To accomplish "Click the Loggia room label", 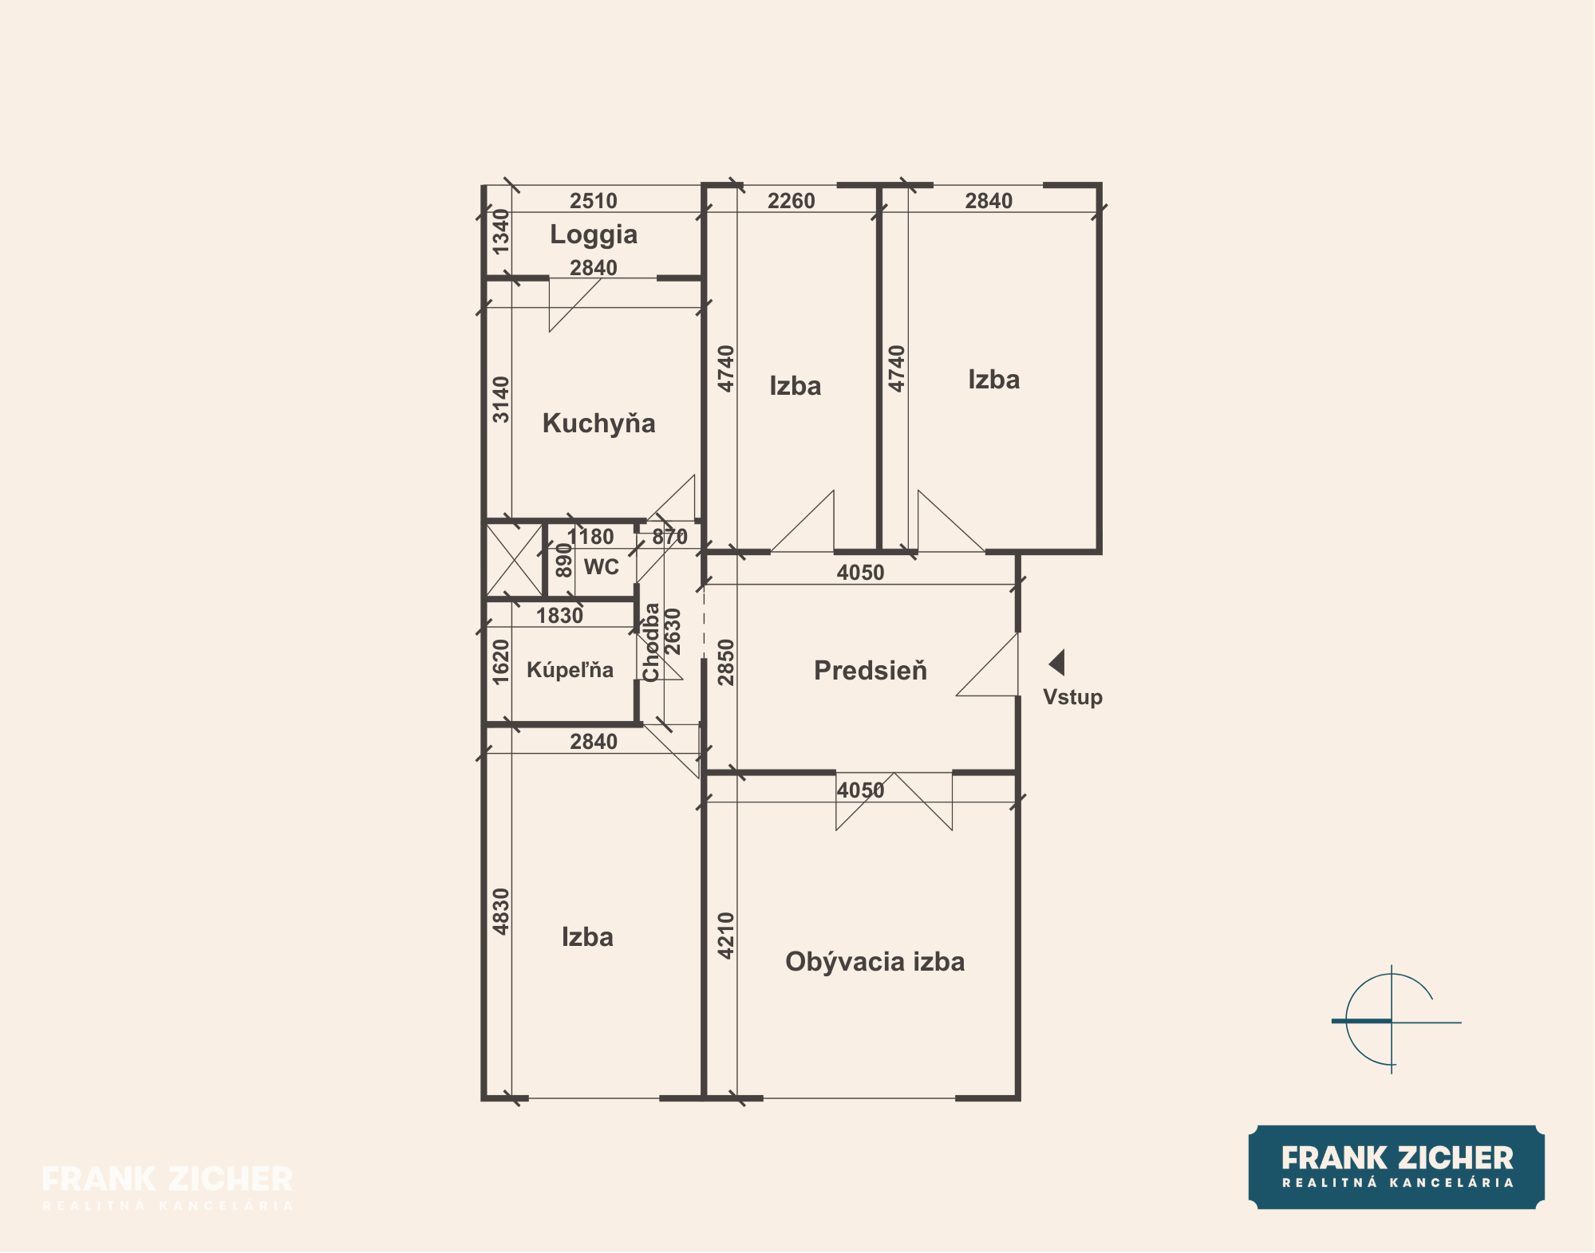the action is click(594, 235).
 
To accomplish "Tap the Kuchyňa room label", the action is click(598, 423).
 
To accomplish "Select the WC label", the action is click(602, 567).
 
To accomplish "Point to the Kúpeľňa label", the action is click(570, 669).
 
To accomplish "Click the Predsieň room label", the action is click(871, 670).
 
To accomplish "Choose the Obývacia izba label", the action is click(874, 962).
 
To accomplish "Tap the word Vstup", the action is click(1072, 697).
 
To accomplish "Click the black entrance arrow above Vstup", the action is click(1056, 663).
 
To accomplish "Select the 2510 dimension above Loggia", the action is click(594, 201).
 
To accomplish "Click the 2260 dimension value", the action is click(792, 201).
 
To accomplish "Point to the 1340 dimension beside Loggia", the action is click(500, 231).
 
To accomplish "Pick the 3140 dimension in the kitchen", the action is click(500, 400).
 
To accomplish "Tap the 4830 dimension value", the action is click(500, 912).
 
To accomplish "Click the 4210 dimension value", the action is click(725, 936).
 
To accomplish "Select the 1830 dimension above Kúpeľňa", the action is click(559, 616).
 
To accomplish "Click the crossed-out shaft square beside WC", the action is click(514, 559).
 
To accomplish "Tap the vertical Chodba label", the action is click(651, 643).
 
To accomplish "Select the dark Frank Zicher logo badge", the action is click(1396, 1168).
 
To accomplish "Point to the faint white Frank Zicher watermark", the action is click(168, 1187).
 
